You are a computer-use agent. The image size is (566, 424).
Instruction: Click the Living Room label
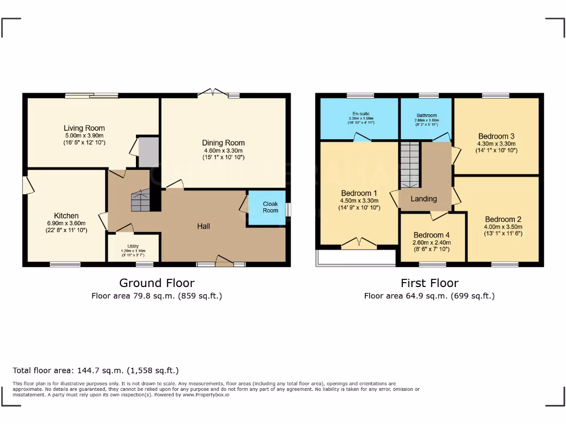84,128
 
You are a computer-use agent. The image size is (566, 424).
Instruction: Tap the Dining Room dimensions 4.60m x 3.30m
223,150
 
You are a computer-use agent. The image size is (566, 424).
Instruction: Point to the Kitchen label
66,215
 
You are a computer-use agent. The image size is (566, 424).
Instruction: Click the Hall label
204,226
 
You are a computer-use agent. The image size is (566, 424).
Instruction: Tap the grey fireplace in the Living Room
148,152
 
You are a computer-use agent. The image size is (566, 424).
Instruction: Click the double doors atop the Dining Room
212,93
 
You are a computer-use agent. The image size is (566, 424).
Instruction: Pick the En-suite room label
361,114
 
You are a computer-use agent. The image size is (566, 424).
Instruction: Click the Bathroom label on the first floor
427,115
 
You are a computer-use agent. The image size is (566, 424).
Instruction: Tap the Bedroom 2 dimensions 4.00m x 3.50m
503,226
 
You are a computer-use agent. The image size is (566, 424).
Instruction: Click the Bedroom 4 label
432,235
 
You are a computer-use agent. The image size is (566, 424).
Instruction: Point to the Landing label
424,199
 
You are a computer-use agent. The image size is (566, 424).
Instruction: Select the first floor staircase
410,164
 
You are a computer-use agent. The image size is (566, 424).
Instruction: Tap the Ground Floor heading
157,283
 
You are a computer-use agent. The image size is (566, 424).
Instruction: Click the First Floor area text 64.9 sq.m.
429,296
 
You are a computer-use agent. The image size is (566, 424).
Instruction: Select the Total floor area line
96,370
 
